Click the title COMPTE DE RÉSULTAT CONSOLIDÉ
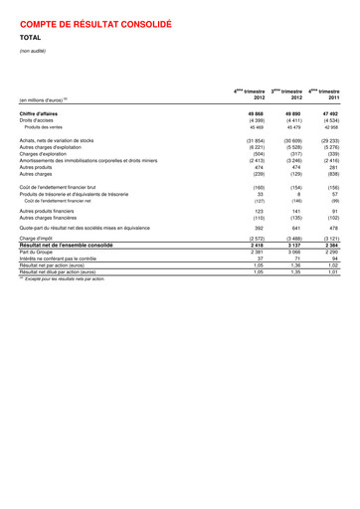pyautogui.click(x=95, y=21)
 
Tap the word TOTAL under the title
pyautogui.click(x=32, y=38)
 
